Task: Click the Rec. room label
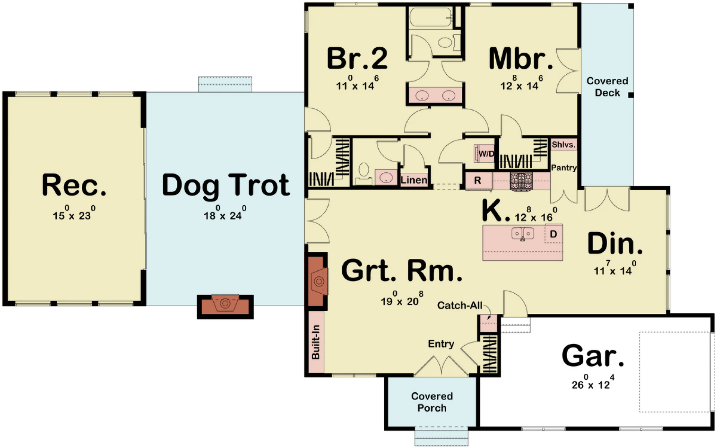click(74, 185)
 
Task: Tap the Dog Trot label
click(226, 186)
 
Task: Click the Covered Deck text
click(607, 87)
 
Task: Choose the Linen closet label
click(414, 180)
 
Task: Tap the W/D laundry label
click(486, 154)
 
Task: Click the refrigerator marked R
click(478, 181)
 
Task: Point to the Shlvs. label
click(564, 145)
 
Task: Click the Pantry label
click(564, 168)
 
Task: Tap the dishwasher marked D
click(554, 234)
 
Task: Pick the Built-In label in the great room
click(315, 342)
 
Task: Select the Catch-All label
click(460, 305)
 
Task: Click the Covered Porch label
click(432, 402)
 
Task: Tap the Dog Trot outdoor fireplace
click(225, 307)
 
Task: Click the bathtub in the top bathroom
click(430, 17)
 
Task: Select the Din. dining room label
click(615, 244)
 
